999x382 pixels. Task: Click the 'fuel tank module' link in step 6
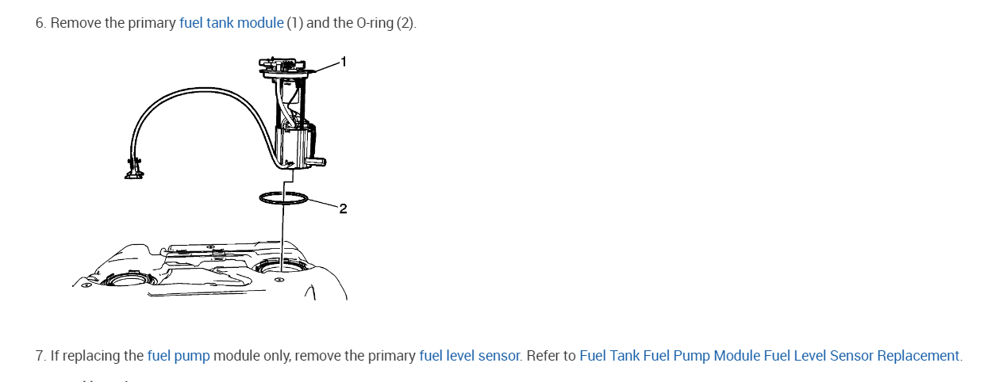pyautogui.click(x=231, y=23)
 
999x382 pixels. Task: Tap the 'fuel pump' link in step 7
pyautogui.click(x=179, y=356)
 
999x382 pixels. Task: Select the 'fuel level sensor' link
pyautogui.click(x=469, y=356)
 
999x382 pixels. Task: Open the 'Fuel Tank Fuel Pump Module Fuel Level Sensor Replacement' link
pyautogui.click(x=770, y=356)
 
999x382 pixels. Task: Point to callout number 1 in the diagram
pyautogui.click(x=344, y=59)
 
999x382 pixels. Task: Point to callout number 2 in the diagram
pyautogui.click(x=343, y=209)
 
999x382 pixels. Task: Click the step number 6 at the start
pyautogui.click(x=40, y=23)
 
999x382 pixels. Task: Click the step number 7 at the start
pyautogui.click(x=40, y=356)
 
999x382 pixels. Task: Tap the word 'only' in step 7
pyautogui.click(x=277, y=356)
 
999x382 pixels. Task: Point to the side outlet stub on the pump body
pyautogui.click(x=318, y=162)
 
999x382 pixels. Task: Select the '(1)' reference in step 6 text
pyautogui.click(x=294, y=23)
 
